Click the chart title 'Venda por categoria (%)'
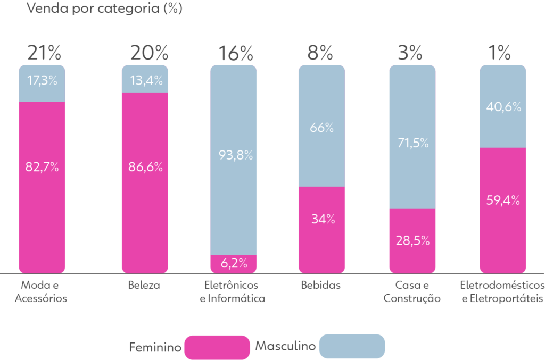[x=104, y=9]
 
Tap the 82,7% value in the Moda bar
[x=42, y=166]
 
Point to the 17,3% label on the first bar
[x=42, y=81]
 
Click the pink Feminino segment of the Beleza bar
[x=145, y=213]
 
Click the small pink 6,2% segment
[x=234, y=263]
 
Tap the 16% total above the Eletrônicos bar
[x=236, y=53]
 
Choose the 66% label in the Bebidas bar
[x=322, y=128]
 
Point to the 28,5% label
[x=412, y=240]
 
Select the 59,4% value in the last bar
[x=503, y=200]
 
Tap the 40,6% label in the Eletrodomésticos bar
[x=503, y=107]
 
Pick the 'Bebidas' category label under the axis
[x=321, y=286]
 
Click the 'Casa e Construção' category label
[x=412, y=292]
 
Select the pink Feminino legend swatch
[x=217, y=347]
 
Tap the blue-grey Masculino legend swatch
[x=352, y=346]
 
